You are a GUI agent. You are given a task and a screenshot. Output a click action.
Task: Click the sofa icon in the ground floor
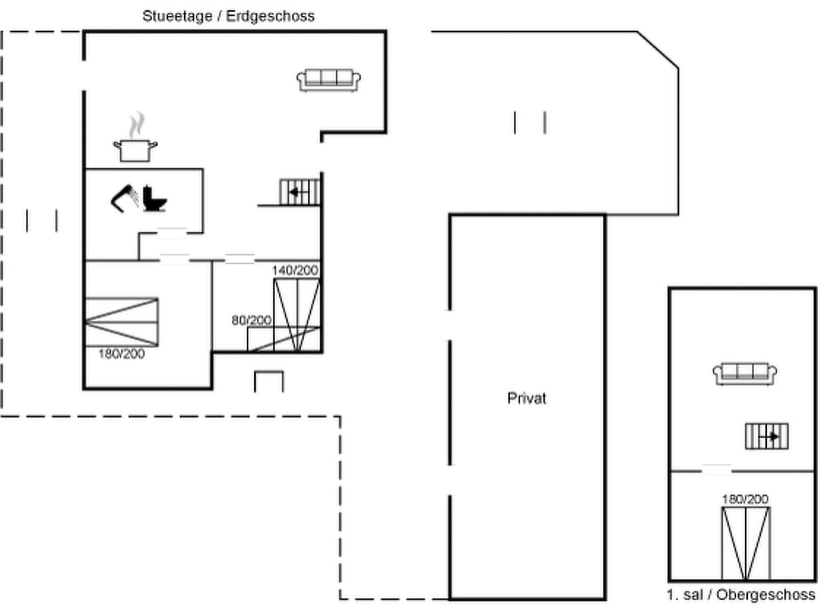(329, 80)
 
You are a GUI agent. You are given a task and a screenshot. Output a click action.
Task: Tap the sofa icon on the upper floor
(745, 374)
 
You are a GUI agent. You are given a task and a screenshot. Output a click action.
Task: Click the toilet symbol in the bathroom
(155, 198)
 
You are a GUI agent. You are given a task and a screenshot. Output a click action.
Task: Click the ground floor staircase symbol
(300, 191)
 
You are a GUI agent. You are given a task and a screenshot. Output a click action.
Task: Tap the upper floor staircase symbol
(767, 436)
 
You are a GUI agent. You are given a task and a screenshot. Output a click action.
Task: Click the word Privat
(527, 398)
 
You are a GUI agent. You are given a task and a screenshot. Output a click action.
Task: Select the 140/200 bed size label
(295, 270)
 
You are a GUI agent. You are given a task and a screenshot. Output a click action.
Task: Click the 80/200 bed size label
(251, 320)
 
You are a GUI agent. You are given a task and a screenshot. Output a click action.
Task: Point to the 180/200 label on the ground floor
(122, 353)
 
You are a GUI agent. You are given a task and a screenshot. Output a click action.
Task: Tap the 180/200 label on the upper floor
(745, 499)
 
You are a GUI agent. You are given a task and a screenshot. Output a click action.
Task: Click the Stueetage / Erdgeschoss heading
(228, 16)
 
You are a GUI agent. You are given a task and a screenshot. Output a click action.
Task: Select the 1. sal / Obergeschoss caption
(741, 595)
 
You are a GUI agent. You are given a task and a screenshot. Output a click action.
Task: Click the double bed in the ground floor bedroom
(121, 321)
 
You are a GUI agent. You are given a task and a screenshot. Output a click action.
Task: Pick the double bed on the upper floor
(745, 542)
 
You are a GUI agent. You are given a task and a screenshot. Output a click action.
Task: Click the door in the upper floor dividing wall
(716, 469)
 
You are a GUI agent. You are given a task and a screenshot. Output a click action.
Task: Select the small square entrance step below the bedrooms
(269, 381)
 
